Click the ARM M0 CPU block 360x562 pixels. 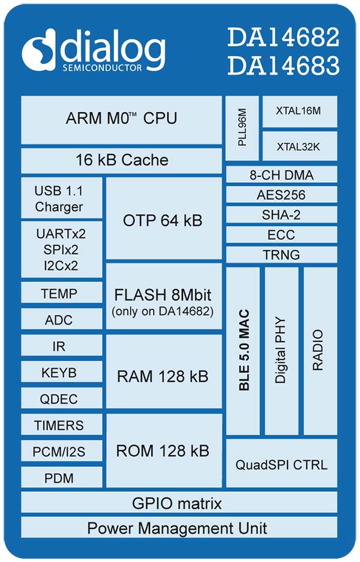122,120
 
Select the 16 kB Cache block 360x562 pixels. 122,161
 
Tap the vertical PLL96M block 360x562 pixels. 242,128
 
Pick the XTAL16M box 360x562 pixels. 300,111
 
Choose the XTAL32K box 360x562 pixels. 300,146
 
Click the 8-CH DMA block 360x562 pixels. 281,175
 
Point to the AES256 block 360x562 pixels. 281,194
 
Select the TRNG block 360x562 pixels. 281,254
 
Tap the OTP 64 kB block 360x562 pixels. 164,218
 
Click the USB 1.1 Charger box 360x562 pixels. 62,198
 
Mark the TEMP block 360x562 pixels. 62,293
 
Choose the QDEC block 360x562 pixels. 62,398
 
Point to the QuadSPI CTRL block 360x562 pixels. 281,464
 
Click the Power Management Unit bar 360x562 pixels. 179,527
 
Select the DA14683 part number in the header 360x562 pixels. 283,65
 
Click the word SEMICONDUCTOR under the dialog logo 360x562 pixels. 102,68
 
